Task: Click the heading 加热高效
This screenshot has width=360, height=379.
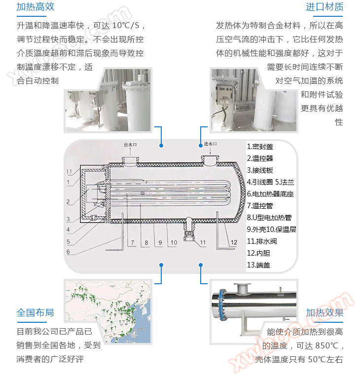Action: coord(35,7)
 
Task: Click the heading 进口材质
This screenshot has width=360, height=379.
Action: coord(324,7)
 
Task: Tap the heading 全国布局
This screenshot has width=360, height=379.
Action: coord(35,313)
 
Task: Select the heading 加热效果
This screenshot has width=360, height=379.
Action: coord(324,313)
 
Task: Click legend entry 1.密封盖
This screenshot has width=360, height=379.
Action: coord(260,147)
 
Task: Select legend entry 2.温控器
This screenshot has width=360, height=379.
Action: coord(260,158)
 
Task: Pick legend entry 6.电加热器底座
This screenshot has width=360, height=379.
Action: coord(270,194)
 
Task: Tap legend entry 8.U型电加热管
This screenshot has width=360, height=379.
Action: coord(269,218)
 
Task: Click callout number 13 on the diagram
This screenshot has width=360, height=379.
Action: coord(71,171)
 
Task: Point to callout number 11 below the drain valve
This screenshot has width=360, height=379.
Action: coord(203,243)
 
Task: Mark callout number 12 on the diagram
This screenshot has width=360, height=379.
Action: coord(234,242)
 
